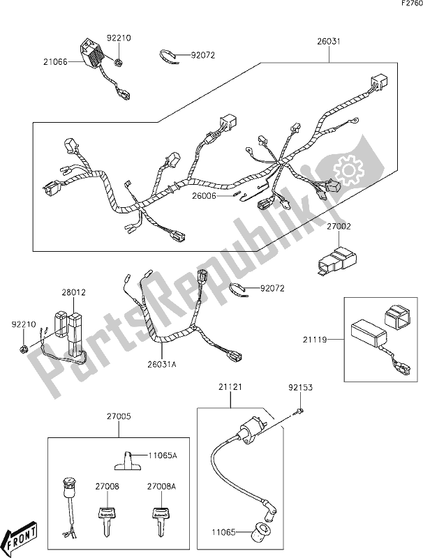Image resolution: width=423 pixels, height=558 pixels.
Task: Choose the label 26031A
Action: (x=162, y=362)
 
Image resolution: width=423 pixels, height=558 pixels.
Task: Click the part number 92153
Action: (x=299, y=384)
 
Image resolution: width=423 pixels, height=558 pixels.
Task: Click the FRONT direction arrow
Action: (x=20, y=537)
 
